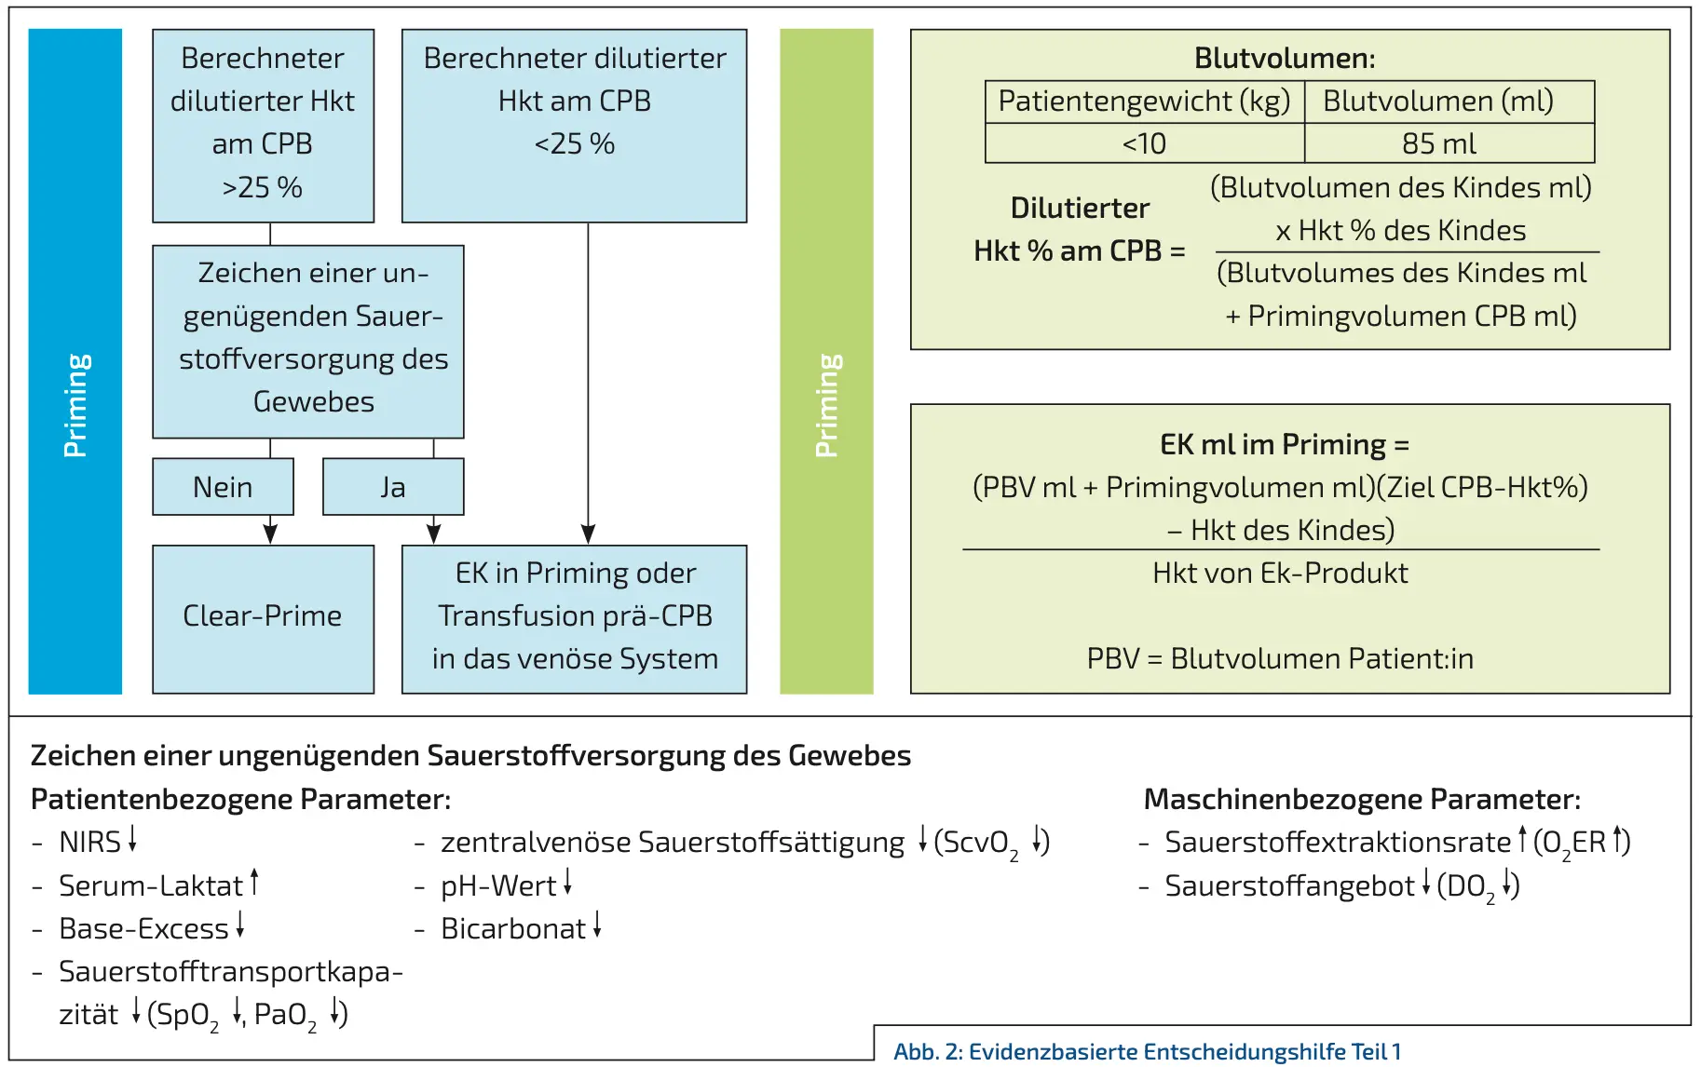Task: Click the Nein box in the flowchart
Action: pos(223,487)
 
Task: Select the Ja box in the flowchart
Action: pos(392,487)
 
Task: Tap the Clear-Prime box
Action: pos(263,616)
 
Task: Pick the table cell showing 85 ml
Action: pos(1439,143)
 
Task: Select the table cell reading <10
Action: pos(1144,143)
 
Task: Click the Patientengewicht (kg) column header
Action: pos(1144,101)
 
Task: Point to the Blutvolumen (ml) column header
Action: pos(1439,101)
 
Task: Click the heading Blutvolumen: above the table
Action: pos(1285,58)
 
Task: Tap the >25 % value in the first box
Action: pos(262,187)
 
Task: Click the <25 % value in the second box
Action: pos(574,143)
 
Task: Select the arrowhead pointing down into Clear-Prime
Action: pos(270,533)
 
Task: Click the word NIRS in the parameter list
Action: pos(89,842)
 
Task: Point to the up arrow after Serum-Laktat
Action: pos(254,881)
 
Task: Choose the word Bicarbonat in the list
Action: pos(513,928)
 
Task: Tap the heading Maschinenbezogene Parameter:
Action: pos(1361,799)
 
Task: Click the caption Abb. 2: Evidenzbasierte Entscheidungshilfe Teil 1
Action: pos(1147,1051)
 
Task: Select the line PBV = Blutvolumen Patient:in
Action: pos(1280,658)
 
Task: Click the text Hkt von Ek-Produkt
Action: pos(1280,573)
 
